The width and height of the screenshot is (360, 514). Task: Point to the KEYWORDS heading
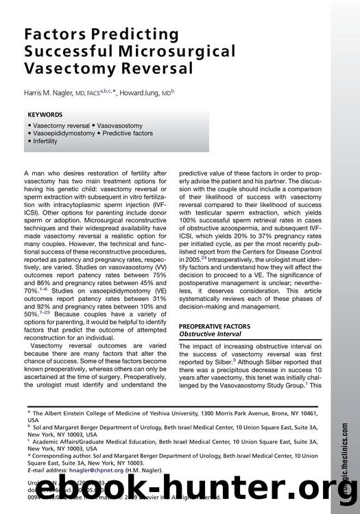click(x=45, y=114)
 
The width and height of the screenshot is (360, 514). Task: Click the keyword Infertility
click(x=45, y=141)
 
